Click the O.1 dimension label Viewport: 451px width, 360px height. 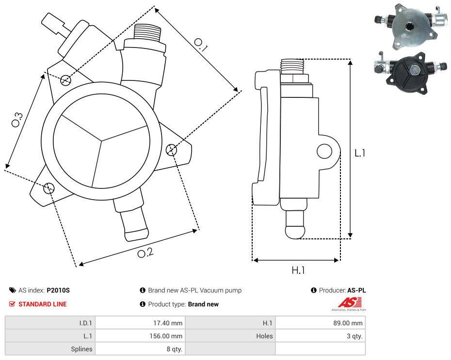(x=201, y=45)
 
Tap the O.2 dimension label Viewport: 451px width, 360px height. (x=145, y=252)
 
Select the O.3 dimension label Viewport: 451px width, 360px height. (x=17, y=120)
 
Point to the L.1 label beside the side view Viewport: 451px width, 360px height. (x=359, y=153)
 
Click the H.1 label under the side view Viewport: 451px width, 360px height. (x=298, y=270)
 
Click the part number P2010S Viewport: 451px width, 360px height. (x=58, y=291)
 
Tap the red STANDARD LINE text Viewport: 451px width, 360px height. (x=43, y=304)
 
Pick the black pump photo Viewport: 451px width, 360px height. (x=410, y=73)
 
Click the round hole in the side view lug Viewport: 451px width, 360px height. (x=324, y=152)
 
